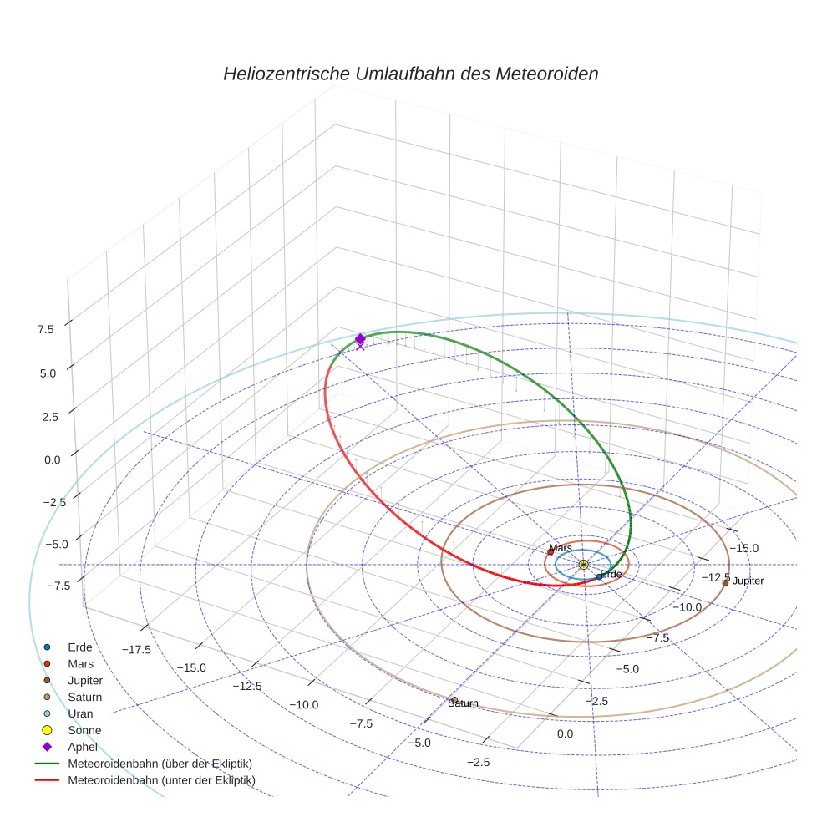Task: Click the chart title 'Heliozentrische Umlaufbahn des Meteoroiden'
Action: pos(410,74)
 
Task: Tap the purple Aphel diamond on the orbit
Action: pos(360,339)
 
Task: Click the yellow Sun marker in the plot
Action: pos(583,566)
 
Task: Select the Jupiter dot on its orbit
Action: pos(725,582)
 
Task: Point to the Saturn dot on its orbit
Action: pos(454,700)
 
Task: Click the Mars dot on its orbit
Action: pos(551,552)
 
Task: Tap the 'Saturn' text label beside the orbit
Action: pos(464,703)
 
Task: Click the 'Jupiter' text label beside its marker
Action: pos(748,581)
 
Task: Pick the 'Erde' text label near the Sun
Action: pos(611,574)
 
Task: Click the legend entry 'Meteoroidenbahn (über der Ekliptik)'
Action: pos(160,764)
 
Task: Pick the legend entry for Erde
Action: pos(80,647)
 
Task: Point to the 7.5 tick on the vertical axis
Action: pos(45,329)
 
